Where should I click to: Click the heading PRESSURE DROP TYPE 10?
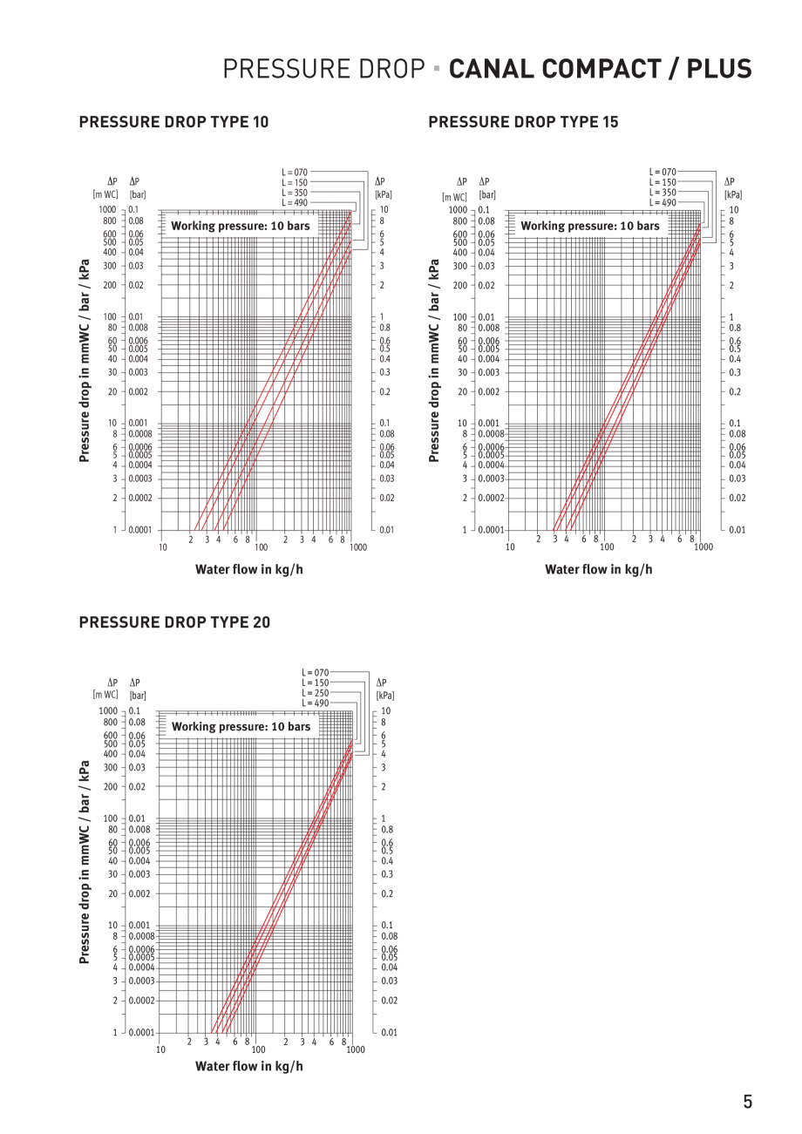tap(173, 122)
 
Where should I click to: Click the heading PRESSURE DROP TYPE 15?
tap(523, 122)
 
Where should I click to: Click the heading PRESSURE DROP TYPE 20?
tap(174, 622)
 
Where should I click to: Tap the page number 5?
tap(747, 1102)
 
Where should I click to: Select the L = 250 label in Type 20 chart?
tap(316, 693)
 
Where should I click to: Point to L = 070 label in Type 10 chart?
tap(295, 173)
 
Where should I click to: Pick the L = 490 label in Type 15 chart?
tap(663, 202)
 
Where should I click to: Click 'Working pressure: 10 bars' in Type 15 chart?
tap(590, 226)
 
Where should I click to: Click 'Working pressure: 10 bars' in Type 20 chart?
tap(241, 726)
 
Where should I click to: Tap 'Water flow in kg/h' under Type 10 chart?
tap(249, 569)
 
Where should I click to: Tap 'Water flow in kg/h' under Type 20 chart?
tap(249, 1066)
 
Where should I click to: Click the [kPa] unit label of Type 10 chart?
tap(383, 194)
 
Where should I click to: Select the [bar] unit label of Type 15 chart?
tap(487, 195)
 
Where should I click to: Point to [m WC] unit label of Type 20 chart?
tap(105, 695)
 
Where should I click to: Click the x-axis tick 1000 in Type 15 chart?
tap(703, 547)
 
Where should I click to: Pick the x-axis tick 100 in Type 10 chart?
tap(261, 547)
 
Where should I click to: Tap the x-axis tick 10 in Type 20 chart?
tap(160, 1049)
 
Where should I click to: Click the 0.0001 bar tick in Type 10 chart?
tap(139, 530)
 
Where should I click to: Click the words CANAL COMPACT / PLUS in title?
tap(600, 69)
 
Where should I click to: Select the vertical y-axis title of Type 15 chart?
tap(434, 360)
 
